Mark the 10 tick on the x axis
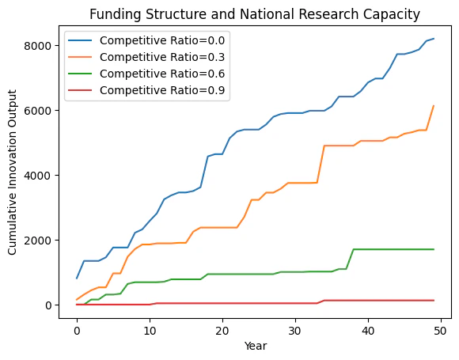[150, 331]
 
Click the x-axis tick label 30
[295, 331]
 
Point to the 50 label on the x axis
[441, 331]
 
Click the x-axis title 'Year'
[256, 347]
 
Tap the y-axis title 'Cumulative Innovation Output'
[12, 172]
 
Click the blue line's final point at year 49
[434, 38]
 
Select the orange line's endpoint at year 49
[434, 106]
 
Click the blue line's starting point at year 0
[77, 279]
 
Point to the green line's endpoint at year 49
[434, 249]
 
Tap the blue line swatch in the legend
[80, 40]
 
